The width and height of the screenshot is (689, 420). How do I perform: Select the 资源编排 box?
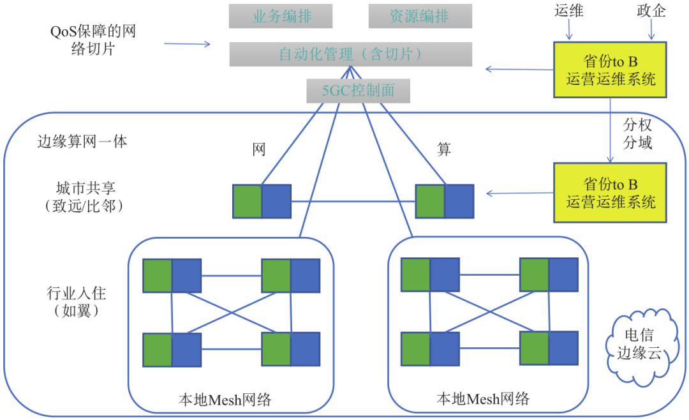[420, 16]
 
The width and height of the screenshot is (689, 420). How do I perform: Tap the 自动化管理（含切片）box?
[350, 54]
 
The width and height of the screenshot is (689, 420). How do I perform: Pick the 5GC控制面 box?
[358, 91]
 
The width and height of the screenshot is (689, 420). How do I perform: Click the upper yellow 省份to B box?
[611, 70]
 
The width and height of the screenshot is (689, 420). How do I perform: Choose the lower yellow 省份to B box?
[611, 193]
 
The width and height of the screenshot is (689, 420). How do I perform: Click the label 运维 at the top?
[569, 11]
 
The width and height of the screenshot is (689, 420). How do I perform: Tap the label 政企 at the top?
[651, 11]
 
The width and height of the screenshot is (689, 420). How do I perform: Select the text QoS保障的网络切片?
[93, 40]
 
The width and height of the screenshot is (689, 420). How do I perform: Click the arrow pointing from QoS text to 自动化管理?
[187, 44]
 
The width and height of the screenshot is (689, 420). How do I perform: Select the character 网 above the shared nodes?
[258, 150]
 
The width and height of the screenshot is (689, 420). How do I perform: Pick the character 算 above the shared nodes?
[444, 149]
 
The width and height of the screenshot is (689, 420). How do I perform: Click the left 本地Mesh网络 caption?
[225, 400]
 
